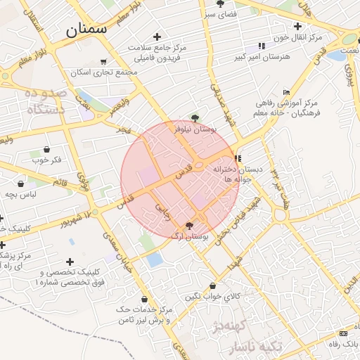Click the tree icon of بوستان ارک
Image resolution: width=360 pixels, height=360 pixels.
tap(189, 226)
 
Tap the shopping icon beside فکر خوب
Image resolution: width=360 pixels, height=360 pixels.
tap(46, 149)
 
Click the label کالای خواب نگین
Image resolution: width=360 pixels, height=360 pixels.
tap(212, 296)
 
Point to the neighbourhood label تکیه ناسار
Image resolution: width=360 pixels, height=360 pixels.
tap(257, 347)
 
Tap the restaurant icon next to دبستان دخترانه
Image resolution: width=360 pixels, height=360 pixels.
tap(238, 158)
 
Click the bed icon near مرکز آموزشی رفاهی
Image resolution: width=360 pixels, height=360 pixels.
tap(285, 91)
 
